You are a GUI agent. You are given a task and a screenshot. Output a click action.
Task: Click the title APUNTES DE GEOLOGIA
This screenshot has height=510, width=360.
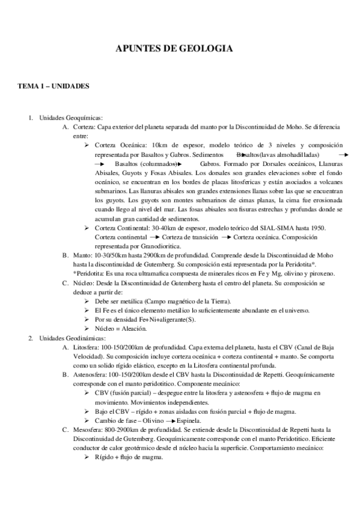tap(174, 49)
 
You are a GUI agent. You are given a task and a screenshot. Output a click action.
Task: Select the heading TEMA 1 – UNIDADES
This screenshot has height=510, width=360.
tap(53, 87)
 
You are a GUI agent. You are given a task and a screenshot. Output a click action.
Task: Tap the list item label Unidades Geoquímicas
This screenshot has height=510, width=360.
tap(71, 117)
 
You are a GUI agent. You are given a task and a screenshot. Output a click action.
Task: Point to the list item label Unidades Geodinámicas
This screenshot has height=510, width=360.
tap(72, 339)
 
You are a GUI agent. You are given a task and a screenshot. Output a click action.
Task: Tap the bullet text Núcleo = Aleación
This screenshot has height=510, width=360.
tap(121, 329)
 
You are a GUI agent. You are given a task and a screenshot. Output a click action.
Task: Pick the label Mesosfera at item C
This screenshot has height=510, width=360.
tap(89, 431)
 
